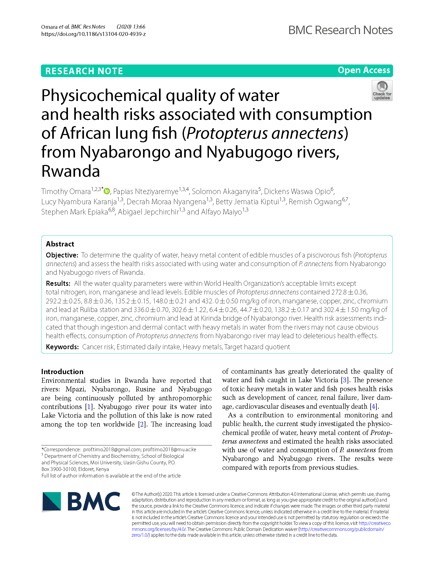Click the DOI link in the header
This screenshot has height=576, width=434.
(93, 34)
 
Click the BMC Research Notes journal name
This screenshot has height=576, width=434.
(340, 30)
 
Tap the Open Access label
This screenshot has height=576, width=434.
(364, 70)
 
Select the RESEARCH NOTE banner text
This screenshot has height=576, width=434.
(84, 71)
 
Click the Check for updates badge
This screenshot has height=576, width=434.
(382, 90)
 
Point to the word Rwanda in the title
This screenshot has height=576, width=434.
(71, 171)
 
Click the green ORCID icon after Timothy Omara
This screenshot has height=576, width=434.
(107, 191)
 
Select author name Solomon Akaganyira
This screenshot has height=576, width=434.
(225, 192)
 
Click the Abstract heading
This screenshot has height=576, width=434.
(60, 244)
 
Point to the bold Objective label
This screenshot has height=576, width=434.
(62, 255)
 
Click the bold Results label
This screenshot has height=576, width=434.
(58, 283)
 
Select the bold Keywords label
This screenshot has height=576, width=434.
(62, 347)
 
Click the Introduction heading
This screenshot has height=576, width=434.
(62, 372)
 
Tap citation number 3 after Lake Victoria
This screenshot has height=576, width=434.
(345, 380)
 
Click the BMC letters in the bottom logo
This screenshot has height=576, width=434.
(94, 501)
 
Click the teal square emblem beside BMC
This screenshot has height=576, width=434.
(52, 501)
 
